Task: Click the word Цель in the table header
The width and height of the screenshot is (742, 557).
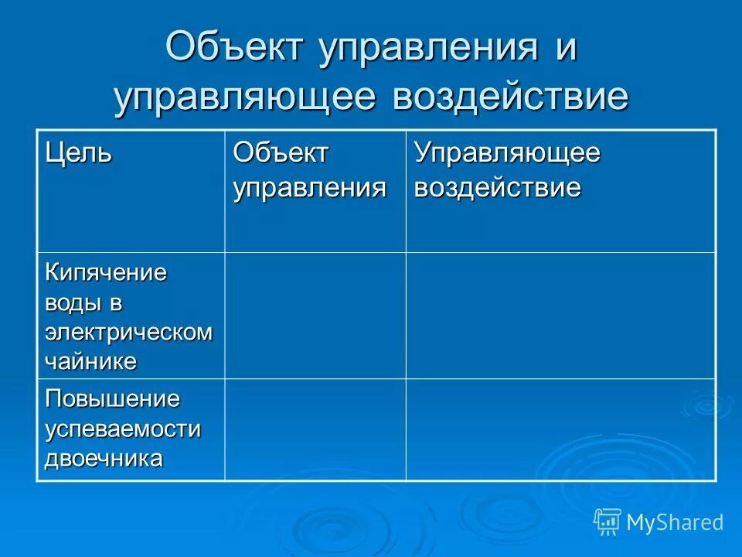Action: point(78,152)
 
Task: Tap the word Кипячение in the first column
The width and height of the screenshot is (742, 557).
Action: point(106,273)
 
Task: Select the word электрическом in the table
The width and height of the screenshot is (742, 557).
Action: point(128,332)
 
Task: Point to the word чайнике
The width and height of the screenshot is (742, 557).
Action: point(90,361)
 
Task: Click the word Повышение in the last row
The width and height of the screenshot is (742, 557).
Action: point(112,400)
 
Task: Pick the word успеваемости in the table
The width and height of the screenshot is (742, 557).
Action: point(122,429)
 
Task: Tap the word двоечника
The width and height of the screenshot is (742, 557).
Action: point(104,458)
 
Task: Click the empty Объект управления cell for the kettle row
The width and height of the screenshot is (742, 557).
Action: point(315,316)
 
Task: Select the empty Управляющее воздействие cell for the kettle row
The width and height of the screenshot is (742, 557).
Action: point(560,316)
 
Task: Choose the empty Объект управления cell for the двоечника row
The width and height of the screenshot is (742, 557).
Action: point(315,429)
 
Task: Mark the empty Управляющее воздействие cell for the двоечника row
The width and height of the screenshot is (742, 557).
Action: point(560,429)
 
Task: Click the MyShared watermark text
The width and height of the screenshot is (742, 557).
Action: point(675,522)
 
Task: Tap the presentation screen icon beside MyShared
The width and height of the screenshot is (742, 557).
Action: point(608,522)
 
